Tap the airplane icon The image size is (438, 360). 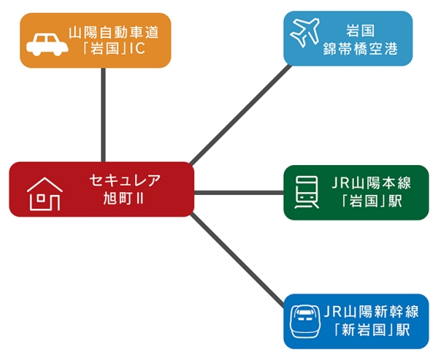tap(306, 32)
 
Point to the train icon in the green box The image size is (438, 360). tap(307, 192)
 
